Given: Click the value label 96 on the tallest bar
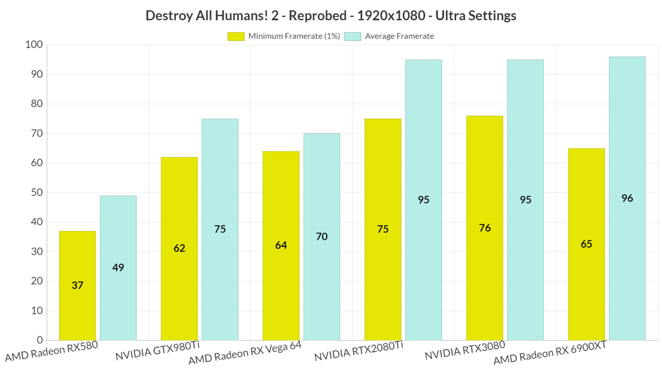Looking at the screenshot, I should (x=627, y=198).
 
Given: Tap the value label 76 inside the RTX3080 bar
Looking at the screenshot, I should (x=485, y=228).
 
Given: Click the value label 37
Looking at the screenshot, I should (x=78, y=285).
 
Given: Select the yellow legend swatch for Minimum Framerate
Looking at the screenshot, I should (x=236, y=37).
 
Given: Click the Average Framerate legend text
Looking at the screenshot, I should (x=399, y=37).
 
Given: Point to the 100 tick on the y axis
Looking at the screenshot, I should (x=34, y=45).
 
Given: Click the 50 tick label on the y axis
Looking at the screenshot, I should (x=37, y=192).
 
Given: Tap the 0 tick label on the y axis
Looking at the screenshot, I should (x=40, y=340).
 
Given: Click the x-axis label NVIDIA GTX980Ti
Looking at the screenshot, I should (x=158, y=351).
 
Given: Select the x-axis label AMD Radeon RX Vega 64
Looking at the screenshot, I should (x=245, y=353).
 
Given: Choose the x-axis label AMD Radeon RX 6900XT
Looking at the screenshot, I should (x=550, y=353).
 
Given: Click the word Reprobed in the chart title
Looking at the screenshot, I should (x=317, y=15).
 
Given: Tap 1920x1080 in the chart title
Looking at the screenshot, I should (x=391, y=15).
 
